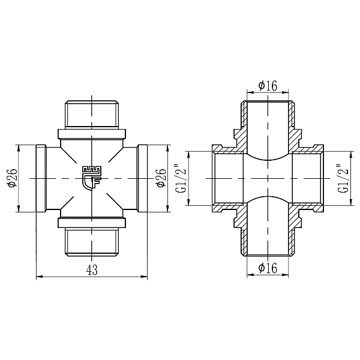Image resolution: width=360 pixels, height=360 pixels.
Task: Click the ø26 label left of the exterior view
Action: pyautogui.click(x=13, y=179)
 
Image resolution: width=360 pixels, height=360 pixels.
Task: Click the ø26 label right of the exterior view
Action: pyautogui.click(x=161, y=179)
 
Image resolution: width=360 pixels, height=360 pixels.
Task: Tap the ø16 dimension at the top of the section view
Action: pyautogui.click(x=268, y=85)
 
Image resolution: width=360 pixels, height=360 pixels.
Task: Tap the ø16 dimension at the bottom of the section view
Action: pyautogui.click(x=268, y=268)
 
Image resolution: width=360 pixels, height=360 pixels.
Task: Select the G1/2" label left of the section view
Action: pyautogui.click(x=178, y=179)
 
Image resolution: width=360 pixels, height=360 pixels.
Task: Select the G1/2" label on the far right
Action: pyautogui.click(x=343, y=179)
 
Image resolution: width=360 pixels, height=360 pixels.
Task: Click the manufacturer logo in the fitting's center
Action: pyautogui.click(x=91, y=176)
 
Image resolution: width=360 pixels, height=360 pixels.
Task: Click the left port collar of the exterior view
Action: pyautogui.click(x=41, y=179)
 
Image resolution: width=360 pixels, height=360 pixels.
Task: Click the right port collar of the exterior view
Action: pyautogui.click(x=142, y=179)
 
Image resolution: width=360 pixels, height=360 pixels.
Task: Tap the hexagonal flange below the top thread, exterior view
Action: pyautogui.click(x=92, y=133)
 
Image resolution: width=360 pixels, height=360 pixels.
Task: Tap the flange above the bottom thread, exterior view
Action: pyautogui.click(x=92, y=224)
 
